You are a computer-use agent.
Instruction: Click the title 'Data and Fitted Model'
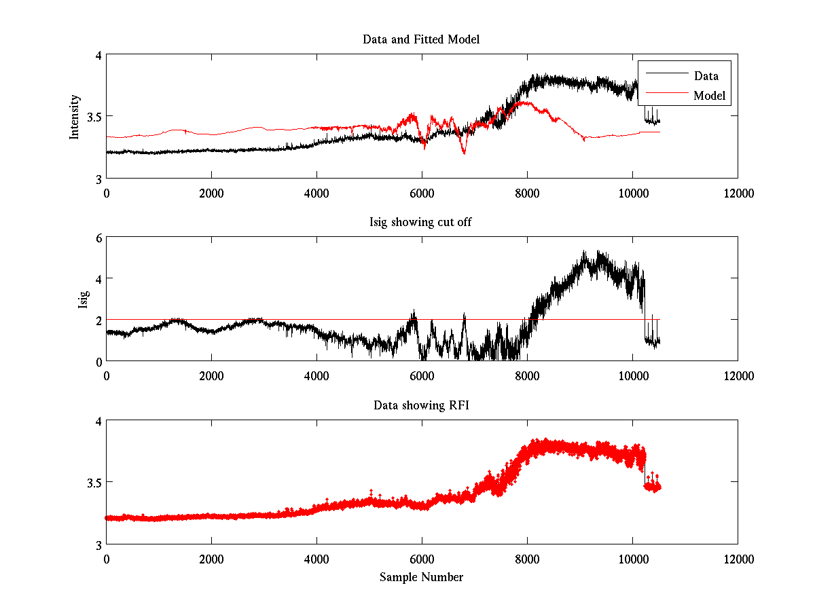click(421, 39)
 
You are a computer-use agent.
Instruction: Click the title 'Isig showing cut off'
click(421, 222)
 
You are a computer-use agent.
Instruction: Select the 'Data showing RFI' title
click(421, 405)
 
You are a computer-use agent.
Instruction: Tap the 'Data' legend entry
click(706, 75)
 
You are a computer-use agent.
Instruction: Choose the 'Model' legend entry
click(709, 96)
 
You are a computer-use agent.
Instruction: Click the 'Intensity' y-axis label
click(75, 117)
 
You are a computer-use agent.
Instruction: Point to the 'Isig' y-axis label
click(83, 299)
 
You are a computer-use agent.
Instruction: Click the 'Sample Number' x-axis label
click(421, 578)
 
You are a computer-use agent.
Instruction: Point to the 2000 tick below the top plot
click(211, 193)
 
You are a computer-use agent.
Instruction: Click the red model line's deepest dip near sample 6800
click(464, 153)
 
